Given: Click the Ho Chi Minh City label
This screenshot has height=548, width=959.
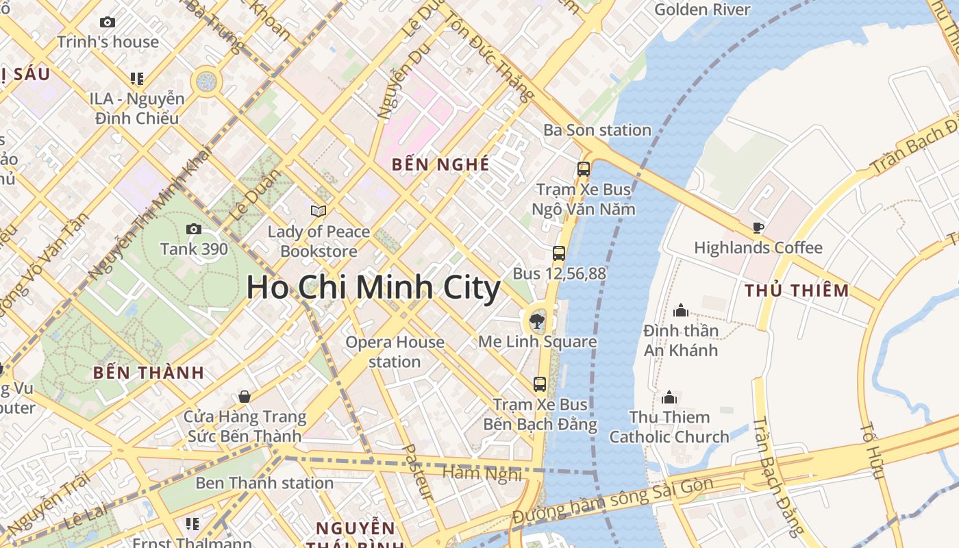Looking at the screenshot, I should pyautogui.click(x=373, y=287).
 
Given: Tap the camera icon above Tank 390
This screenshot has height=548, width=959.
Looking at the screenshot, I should pyautogui.click(x=194, y=229).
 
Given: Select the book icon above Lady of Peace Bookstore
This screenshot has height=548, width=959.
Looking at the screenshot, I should pyautogui.click(x=319, y=211).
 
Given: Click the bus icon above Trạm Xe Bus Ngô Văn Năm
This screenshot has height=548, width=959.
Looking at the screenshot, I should pyautogui.click(x=584, y=169).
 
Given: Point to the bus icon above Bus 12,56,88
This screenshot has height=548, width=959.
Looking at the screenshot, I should pyautogui.click(x=559, y=253).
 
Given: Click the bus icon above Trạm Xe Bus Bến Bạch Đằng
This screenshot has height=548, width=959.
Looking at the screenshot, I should pyautogui.click(x=540, y=384).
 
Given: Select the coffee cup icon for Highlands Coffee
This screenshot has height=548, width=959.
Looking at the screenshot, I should pyautogui.click(x=758, y=227).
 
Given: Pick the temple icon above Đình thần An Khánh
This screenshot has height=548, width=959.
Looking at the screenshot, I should pyautogui.click(x=680, y=310).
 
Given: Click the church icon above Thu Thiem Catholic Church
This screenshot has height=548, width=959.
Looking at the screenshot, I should pyautogui.click(x=669, y=397).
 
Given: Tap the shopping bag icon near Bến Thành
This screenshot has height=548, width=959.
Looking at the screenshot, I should pyautogui.click(x=245, y=396).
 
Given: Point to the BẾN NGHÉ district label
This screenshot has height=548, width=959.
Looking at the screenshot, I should pyautogui.click(x=440, y=164).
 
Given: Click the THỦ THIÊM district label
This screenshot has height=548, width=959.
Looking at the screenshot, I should pyautogui.click(x=797, y=290).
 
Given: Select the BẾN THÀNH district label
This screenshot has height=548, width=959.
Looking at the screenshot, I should pyautogui.click(x=149, y=373).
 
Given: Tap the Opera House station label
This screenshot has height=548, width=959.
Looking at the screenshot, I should pyautogui.click(x=395, y=351).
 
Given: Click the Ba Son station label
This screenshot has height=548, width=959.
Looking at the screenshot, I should pyautogui.click(x=597, y=130).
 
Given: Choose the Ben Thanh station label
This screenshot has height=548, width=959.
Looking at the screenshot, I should pyautogui.click(x=264, y=483).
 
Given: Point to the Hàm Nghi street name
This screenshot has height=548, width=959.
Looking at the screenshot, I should pyautogui.click(x=482, y=473).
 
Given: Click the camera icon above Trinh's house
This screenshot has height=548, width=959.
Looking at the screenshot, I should pyautogui.click(x=108, y=23).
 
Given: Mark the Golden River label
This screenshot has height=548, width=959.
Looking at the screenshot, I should pyautogui.click(x=702, y=10).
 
